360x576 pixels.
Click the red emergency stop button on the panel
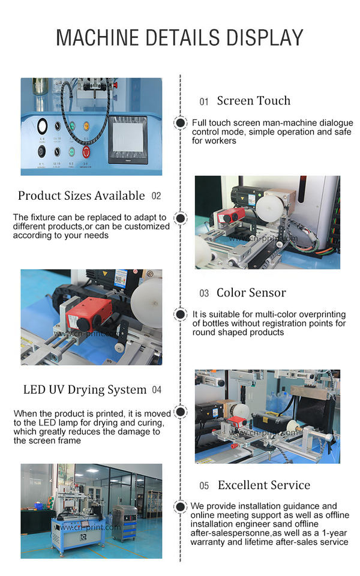click(x=86, y=151)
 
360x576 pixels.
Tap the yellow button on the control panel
click(x=86, y=127)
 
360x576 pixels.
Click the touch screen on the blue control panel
click(x=128, y=140)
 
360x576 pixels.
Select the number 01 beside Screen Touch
click(x=204, y=102)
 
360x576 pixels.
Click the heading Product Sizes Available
click(x=82, y=196)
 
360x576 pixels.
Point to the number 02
click(x=156, y=196)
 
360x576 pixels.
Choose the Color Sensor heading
click(x=251, y=293)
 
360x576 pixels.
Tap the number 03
click(x=204, y=293)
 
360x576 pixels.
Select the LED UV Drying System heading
click(x=85, y=389)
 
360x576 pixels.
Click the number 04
click(x=157, y=390)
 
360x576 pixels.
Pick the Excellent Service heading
click(x=264, y=485)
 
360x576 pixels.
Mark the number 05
click(x=204, y=485)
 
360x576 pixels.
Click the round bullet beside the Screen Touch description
click(x=181, y=122)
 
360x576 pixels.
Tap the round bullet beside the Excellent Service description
click(x=180, y=506)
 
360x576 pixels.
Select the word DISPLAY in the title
click(x=265, y=37)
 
